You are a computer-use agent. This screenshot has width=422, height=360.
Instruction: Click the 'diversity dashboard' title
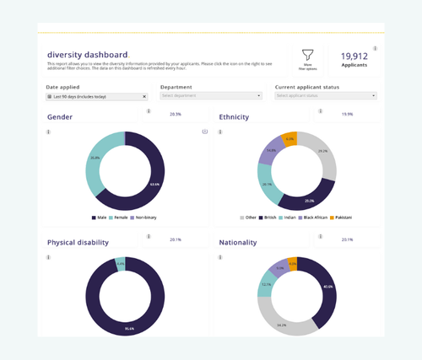click(88, 54)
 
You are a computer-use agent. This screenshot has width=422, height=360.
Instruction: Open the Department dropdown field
click(210, 96)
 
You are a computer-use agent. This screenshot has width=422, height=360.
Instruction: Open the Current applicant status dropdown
click(325, 96)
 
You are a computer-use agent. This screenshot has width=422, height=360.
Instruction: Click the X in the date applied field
click(144, 96)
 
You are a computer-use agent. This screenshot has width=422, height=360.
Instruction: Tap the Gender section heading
click(60, 117)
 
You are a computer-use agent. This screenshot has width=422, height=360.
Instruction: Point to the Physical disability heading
click(78, 243)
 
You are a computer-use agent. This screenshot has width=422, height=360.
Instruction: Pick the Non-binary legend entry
click(143, 218)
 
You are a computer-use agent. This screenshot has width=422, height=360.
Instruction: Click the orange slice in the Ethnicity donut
click(289, 140)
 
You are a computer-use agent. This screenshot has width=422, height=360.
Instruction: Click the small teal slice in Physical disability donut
click(120, 264)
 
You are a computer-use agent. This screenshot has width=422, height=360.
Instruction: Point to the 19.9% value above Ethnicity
click(348, 113)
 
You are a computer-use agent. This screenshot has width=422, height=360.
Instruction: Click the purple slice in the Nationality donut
click(276, 269)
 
